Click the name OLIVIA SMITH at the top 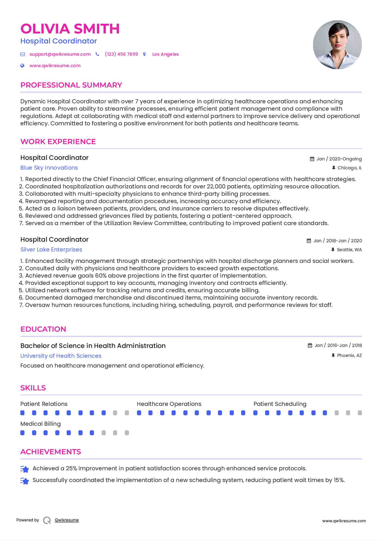point(70,29)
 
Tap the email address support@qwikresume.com point(60,54)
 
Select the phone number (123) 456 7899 point(121,54)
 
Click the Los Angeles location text point(165,54)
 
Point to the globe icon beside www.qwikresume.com point(23,66)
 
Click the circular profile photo point(337,45)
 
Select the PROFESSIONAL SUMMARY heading point(71,85)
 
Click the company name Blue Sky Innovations point(49,168)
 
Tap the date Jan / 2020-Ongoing point(339,159)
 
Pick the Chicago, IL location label point(349,168)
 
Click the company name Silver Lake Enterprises point(51,250)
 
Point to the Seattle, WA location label point(349,250)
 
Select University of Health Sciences point(61,356)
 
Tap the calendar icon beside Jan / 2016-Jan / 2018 point(310,346)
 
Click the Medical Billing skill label point(40,424)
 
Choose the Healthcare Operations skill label point(169,404)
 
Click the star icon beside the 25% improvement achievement point(25,469)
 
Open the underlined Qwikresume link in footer point(67,520)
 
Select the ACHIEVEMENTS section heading point(50,452)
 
